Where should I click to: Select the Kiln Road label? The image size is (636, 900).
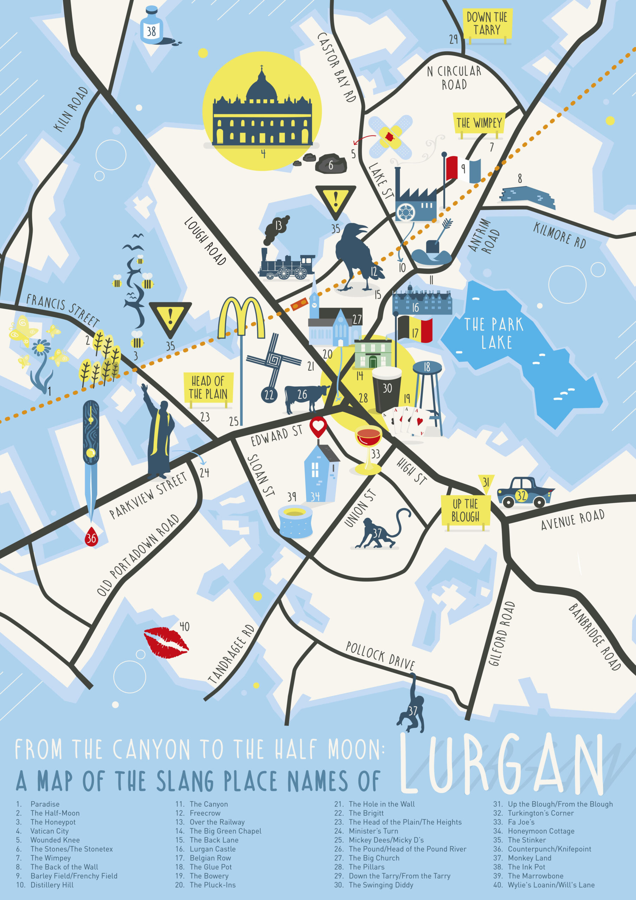[71, 109]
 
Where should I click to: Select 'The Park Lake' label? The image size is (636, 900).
[493, 333]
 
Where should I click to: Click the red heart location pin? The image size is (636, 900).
[318, 426]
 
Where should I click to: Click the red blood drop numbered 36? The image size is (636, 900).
[91, 538]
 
